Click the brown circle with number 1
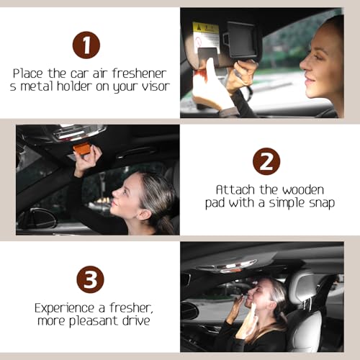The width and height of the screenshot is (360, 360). [86, 45]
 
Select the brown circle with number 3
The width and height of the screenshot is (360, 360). [90, 279]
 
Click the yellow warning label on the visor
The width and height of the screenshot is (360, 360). [205, 32]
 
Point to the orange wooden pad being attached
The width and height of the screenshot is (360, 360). [81, 149]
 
